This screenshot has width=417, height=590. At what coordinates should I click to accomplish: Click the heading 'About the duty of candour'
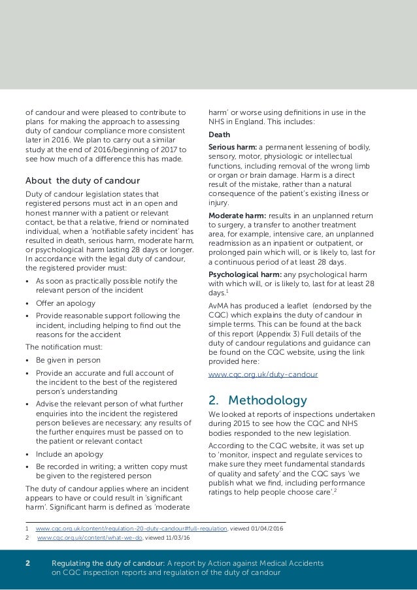pyautogui.click(x=82, y=180)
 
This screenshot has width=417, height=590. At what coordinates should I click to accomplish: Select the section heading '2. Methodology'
pyautogui.click(x=258, y=400)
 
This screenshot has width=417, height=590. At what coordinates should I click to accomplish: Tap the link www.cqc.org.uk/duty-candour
pyautogui.click(x=263, y=375)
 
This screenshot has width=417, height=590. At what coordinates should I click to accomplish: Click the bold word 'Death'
pyautogui.click(x=219, y=135)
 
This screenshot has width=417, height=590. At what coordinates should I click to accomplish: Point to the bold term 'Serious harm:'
pyautogui.click(x=232, y=147)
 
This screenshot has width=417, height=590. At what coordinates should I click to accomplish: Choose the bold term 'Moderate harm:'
pyautogui.click(x=235, y=216)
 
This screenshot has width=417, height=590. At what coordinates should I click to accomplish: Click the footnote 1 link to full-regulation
pyautogui.click(x=131, y=528)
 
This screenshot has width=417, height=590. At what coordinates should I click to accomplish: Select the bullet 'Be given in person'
pyautogui.click(x=68, y=360)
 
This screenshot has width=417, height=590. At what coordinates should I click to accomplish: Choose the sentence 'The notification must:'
pyautogui.click(x=60, y=347)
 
